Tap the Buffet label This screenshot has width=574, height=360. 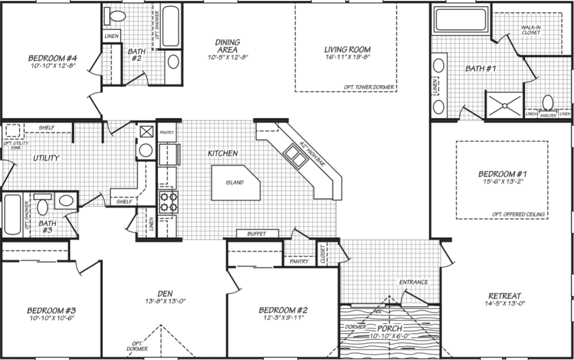point(256,234)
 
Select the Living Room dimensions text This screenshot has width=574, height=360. point(347,57)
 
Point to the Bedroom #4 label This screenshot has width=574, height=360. point(52,57)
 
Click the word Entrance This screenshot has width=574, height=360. point(413,282)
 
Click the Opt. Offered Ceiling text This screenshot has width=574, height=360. point(519,214)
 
